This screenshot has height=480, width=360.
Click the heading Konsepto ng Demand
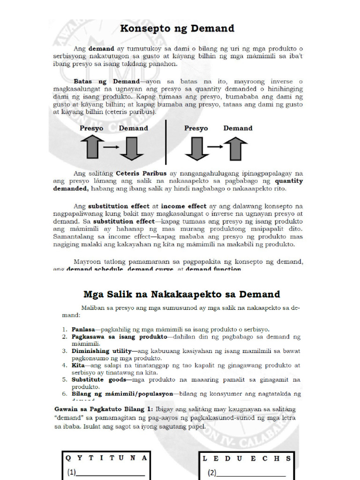click(x=177, y=29)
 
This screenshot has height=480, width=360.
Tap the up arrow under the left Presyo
click(x=94, y=147)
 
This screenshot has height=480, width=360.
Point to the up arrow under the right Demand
click(x=236, y=148)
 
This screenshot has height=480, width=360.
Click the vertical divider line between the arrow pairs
click(x=166, y=142)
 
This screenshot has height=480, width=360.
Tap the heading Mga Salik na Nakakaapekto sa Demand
click(x=181, y=294)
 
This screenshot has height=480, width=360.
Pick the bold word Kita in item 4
click(x=78, y=365)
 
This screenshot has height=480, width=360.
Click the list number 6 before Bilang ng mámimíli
click(x=65, y=394)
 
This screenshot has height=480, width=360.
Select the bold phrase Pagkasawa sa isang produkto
click(x=119, y=337)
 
